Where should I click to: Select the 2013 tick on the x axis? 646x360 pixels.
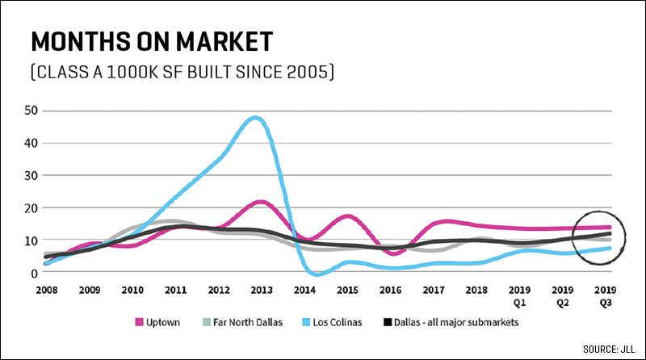click(260, 289)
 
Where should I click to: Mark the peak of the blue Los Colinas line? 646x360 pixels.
click(255, 118)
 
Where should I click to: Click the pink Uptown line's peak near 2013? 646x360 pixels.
click(258, 202)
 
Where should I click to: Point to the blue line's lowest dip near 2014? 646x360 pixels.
click(317, 274)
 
